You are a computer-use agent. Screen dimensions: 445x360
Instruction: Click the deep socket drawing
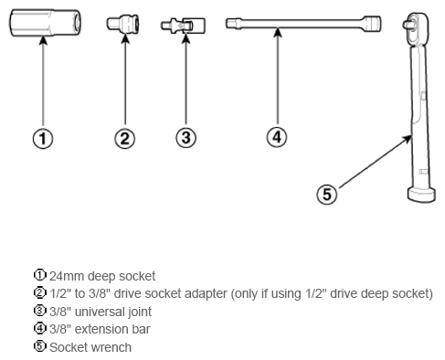coord(45,23)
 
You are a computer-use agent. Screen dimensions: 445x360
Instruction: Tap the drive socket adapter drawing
coord(122,24)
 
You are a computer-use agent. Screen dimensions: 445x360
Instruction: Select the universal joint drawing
coord(183,26)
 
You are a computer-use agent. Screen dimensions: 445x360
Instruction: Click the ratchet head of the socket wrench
coord(416,27)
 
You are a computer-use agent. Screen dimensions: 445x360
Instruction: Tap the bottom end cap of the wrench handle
coord(421,196)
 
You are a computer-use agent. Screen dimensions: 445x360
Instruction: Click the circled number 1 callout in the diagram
coord(43,139)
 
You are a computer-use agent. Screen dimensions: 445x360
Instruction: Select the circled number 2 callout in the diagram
coord(125,139)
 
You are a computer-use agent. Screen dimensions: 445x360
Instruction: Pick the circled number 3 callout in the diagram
coord(185,138)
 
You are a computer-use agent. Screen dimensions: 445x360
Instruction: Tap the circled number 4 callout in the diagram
coord(277,137)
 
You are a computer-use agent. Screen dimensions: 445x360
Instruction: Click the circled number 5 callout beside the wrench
coord(327,195)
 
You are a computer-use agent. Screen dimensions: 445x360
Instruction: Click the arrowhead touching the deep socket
coord(43,41)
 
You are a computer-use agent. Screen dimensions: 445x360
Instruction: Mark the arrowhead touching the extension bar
coord(277,33)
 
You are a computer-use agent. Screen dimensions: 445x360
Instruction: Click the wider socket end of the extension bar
coord(371,24)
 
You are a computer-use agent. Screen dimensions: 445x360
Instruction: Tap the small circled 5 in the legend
coord(39,346)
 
